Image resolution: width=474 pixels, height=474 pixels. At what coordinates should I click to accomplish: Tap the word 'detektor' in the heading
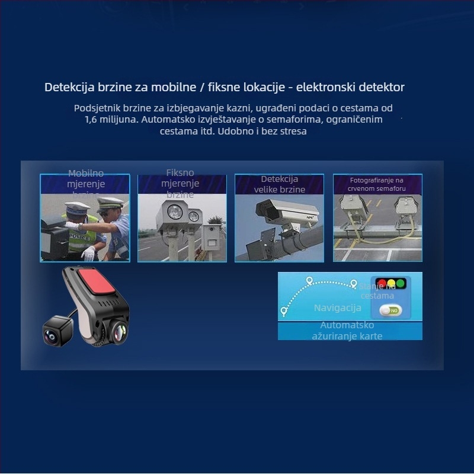point(382,88)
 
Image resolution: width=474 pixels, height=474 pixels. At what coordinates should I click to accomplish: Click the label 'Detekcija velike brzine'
point(280,184)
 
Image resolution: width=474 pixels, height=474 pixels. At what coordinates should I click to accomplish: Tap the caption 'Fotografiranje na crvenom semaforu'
point(377,184)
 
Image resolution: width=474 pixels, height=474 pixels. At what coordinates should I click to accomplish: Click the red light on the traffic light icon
point(382,283)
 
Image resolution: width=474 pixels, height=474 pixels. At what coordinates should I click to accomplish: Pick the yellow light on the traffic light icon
point(391,283)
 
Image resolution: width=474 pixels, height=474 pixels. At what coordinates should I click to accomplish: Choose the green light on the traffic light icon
point(401,283)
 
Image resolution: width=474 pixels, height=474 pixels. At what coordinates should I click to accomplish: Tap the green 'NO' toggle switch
point(390,310)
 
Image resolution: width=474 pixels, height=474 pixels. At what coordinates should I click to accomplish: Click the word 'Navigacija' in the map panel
point(337,308)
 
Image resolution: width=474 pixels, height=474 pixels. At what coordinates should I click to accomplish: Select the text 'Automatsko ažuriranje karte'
point(347,331)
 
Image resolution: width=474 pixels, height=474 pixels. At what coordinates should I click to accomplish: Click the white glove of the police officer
point(88,254)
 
